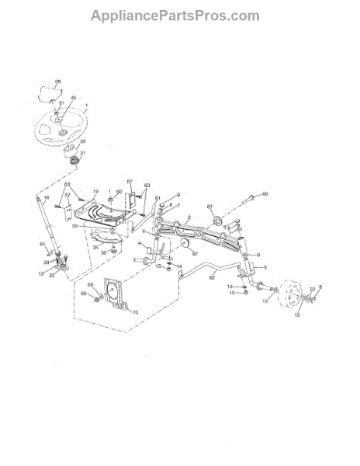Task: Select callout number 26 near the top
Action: tap(57, 82)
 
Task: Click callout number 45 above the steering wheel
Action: tap(74, 99)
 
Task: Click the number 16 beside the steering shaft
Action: tap(46, 199)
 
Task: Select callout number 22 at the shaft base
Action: tap(52, 276)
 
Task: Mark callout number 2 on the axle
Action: tap(189, 220)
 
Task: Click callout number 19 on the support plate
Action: tap(96, 191)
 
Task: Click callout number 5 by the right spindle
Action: tap(263, 266)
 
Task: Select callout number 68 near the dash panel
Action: tap(91, 287)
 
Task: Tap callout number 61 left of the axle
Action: tap(157, 200)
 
